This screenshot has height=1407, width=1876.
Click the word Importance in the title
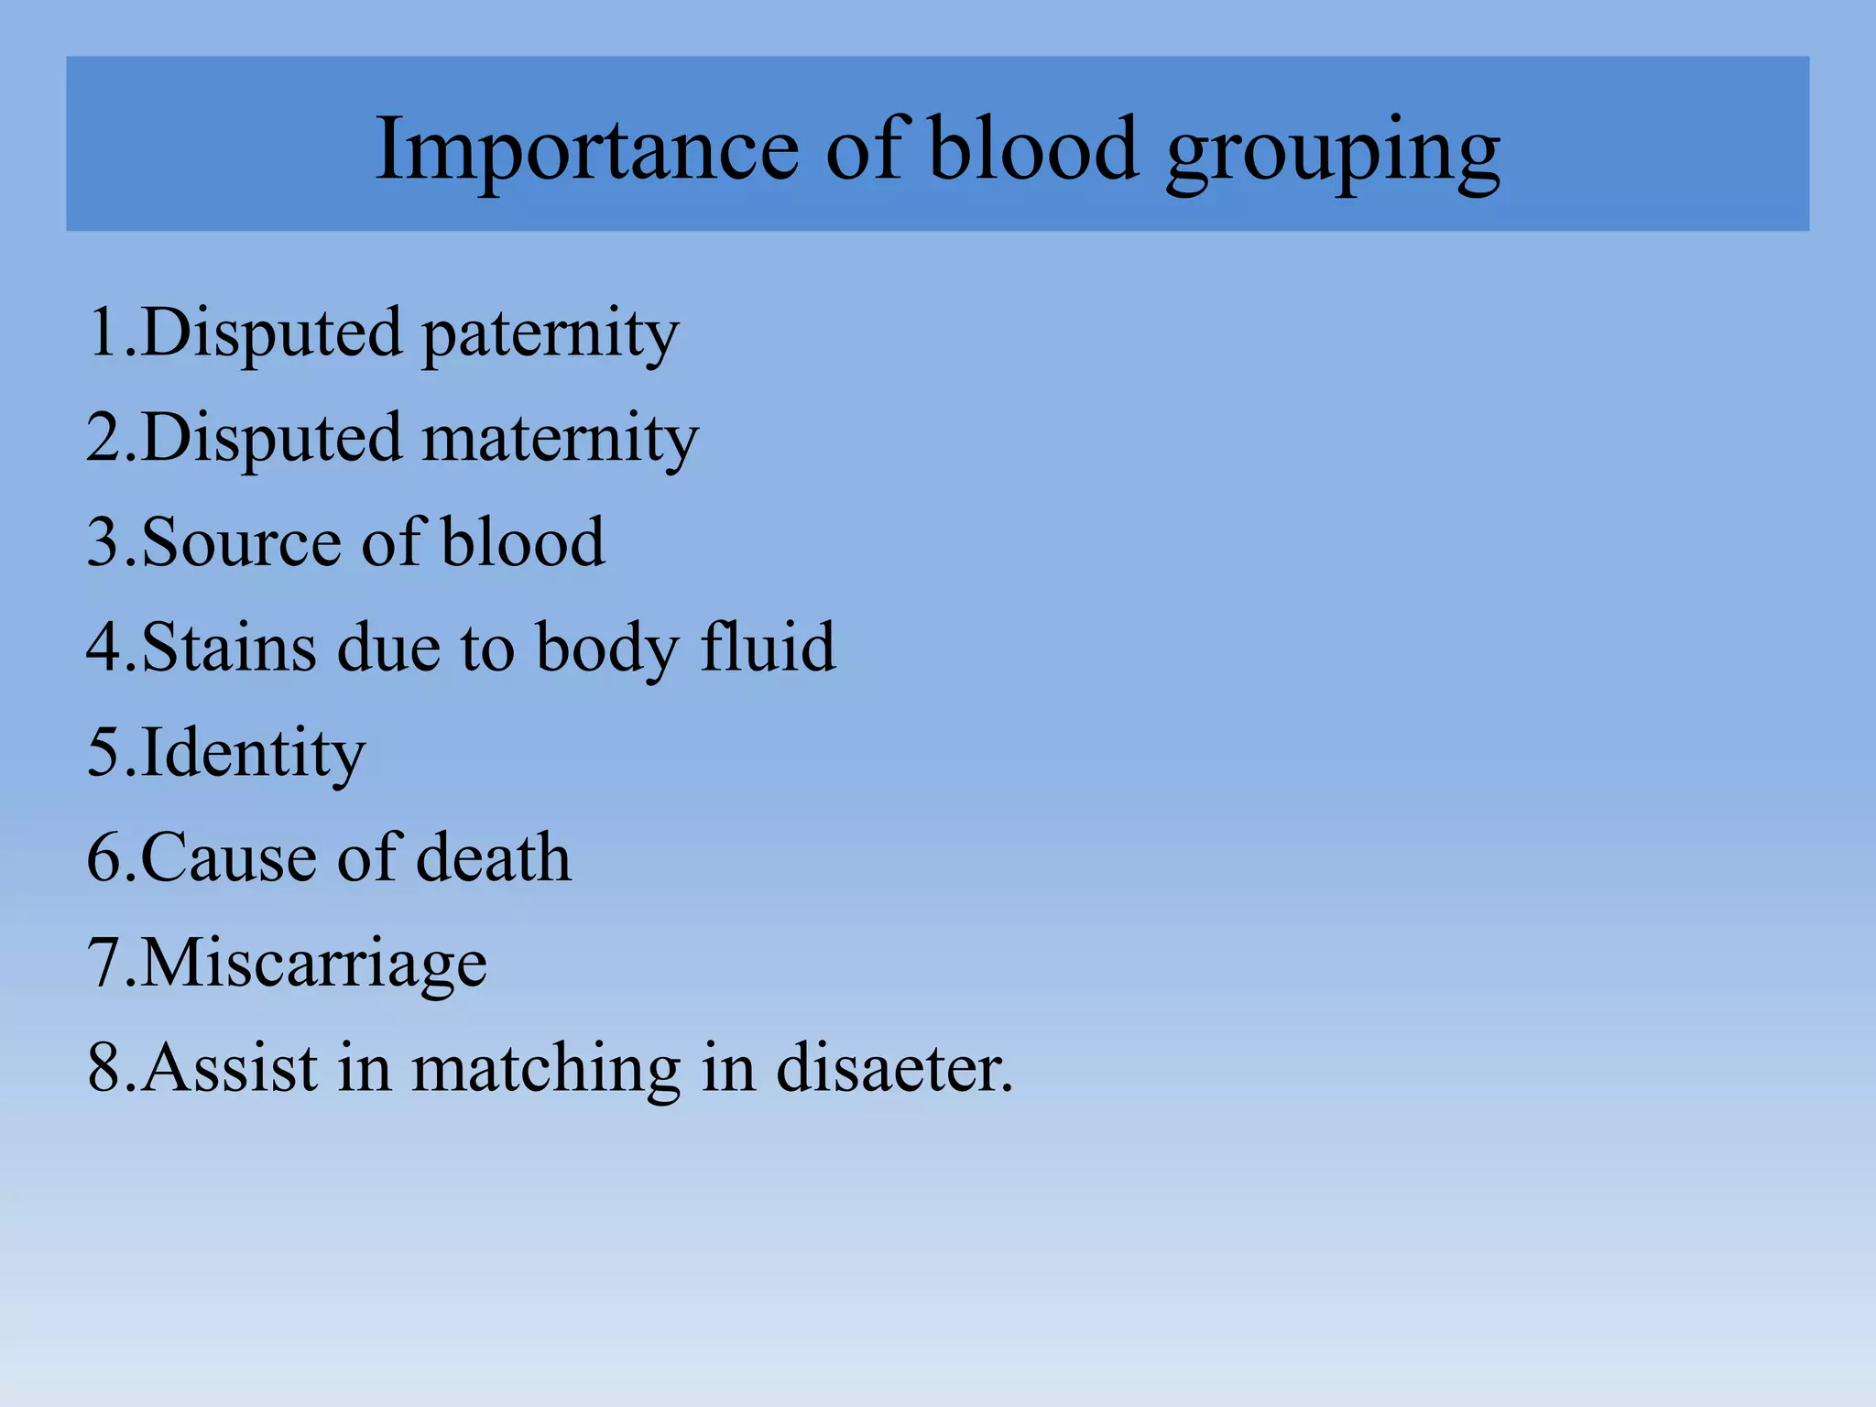point(587,148)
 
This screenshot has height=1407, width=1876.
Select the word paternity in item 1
point(551,334)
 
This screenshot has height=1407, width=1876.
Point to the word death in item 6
point(494,858)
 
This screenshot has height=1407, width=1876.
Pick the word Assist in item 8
point(230,1068)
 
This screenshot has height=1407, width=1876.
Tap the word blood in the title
point(1033,148)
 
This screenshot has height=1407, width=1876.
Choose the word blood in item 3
point(523,542)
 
